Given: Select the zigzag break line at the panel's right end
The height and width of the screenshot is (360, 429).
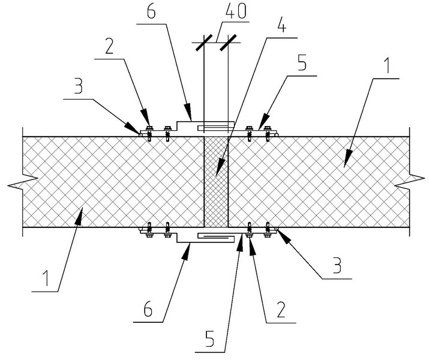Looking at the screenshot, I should (x=411, y=179).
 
